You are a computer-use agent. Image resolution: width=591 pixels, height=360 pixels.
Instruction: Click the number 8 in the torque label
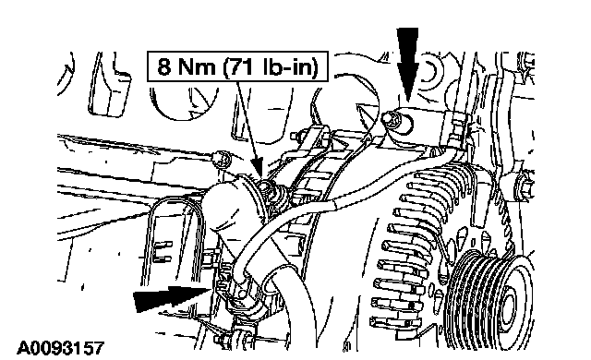[x=164, y=67]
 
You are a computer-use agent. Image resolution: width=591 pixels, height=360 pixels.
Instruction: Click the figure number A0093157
[x=60, y=348]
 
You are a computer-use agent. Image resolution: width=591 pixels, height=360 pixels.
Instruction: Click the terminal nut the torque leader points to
[x=270, y=188]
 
